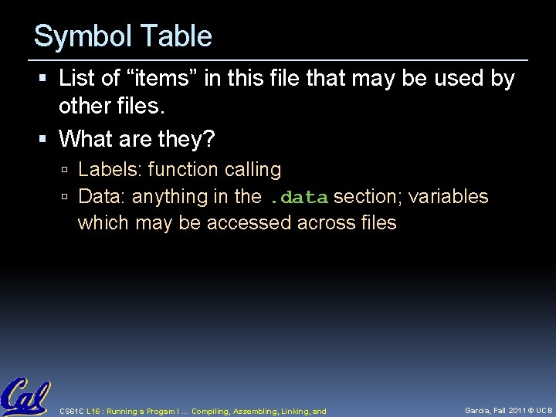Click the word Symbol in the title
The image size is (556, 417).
pyautogui.click(x=73, y=37)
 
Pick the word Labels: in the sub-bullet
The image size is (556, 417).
pyautogui.click(x=110, y=169)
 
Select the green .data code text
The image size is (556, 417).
pyautogui.click(x=299, y=198)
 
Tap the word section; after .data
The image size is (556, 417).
pyautogui.click(x=367, y=197)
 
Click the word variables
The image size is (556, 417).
pyautogui.click(x=449, y=197)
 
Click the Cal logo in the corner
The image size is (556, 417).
pyautogui.click(x=25, y=397)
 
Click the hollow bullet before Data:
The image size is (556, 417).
pyautogui.click(x=67, y=198)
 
